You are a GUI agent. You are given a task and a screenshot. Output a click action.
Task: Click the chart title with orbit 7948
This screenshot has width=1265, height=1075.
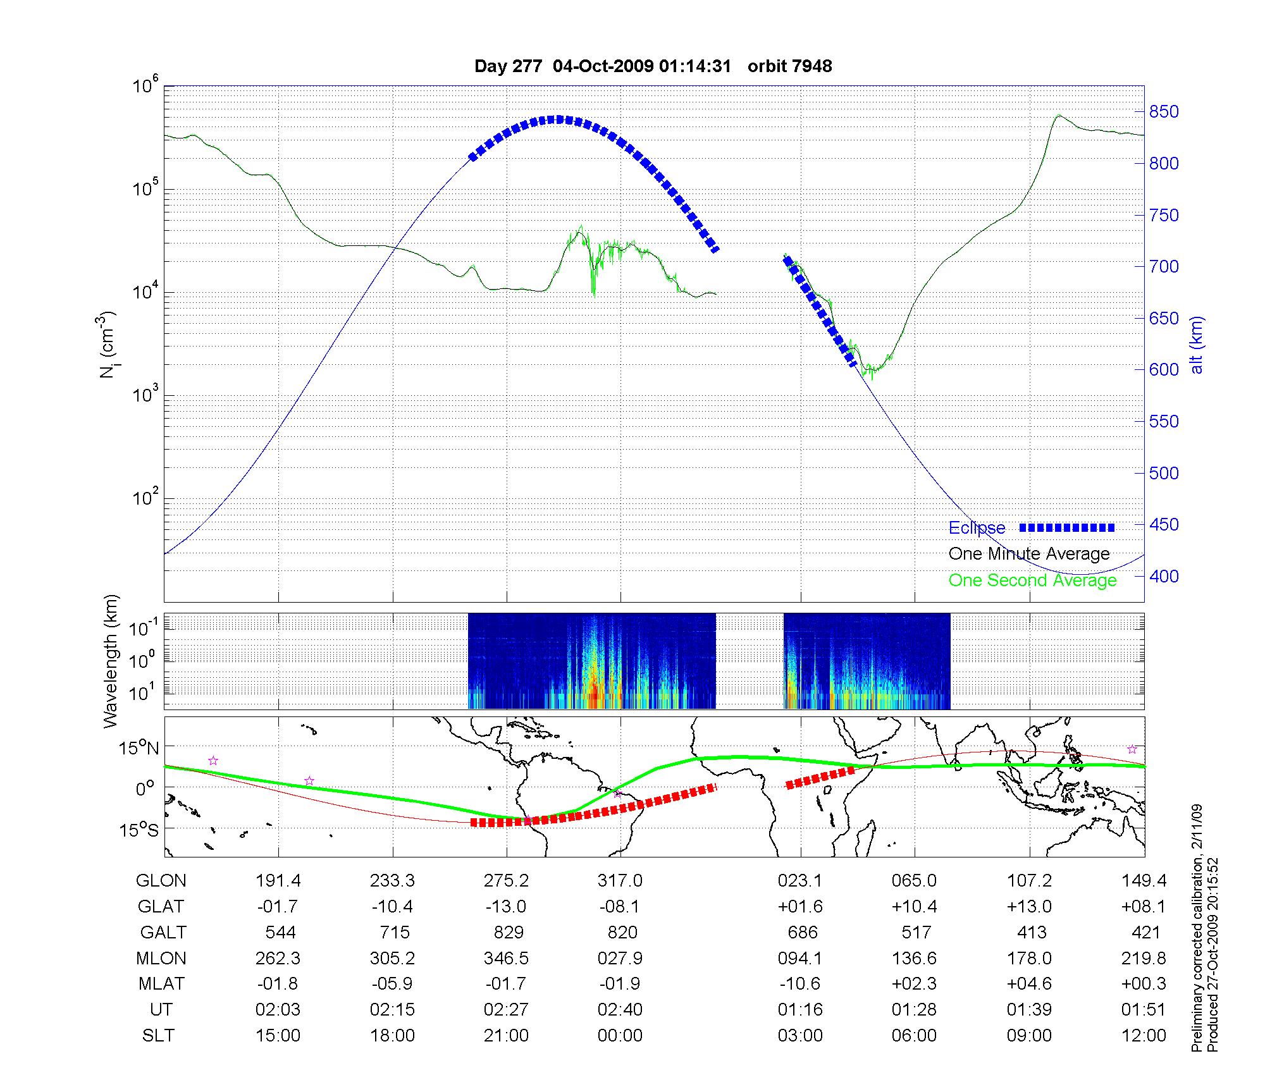tap(653, 66)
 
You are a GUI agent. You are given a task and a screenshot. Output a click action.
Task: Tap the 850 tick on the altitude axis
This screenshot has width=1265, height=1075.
tap(1164, 112)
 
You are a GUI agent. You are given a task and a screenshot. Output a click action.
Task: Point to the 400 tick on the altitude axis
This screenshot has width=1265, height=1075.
tap(1164, 576)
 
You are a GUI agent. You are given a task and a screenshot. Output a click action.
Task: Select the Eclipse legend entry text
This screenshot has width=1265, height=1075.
tap(977, 528)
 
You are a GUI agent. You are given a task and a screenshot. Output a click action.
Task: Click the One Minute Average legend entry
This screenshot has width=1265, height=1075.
tap(1029, 554)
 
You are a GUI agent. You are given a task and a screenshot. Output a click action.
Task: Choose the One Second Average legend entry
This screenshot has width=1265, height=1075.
tap(1032, 580)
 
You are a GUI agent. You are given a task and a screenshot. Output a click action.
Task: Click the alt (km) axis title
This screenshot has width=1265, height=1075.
tap(1196, 345)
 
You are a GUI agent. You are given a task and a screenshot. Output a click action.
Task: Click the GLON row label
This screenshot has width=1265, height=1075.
tap(161, 881)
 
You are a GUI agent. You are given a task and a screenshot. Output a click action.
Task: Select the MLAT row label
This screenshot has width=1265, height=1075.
tap(161, 984)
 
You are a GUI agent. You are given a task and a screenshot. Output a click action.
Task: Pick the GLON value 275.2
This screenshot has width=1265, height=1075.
tap(506, 881)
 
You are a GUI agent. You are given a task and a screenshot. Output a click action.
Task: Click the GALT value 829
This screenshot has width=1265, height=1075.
tap(508, 932)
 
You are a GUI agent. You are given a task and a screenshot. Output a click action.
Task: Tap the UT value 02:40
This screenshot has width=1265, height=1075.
tap(620, 1010)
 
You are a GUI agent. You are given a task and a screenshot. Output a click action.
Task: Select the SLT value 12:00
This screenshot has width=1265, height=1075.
tap(1144, 1035)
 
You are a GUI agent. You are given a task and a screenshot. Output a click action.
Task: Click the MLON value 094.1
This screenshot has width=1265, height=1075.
tap(800, 958)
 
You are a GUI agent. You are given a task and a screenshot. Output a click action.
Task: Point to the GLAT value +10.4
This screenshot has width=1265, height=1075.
tap(915, 907)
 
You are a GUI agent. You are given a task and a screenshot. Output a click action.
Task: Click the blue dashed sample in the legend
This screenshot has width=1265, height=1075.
tap(1067, 527)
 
